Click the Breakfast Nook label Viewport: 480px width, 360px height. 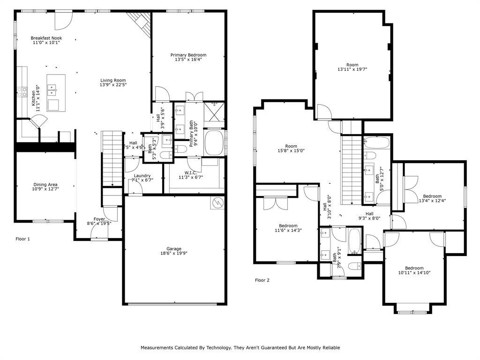(46, 38)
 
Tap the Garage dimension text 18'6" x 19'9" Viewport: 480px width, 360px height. (174, 253)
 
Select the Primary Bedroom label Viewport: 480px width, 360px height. (188, 55)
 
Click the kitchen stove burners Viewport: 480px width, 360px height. (22, 92)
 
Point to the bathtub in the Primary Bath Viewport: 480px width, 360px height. (214, 143)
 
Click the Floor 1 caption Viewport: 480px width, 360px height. (22, 239)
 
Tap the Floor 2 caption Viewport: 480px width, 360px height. (262, 280)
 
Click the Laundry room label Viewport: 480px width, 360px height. (142, 176)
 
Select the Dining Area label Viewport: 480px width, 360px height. (45, 185)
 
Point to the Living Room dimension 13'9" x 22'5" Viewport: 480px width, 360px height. (113, 84)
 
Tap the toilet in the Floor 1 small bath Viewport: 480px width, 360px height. (165, 155)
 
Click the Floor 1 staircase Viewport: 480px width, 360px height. (112, 158)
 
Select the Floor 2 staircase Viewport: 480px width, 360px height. (352, 170)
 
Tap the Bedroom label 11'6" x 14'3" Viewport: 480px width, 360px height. (288, 225)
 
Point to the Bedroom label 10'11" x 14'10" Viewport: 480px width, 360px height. (414, 268)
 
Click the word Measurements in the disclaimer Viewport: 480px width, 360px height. (157, 347)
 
